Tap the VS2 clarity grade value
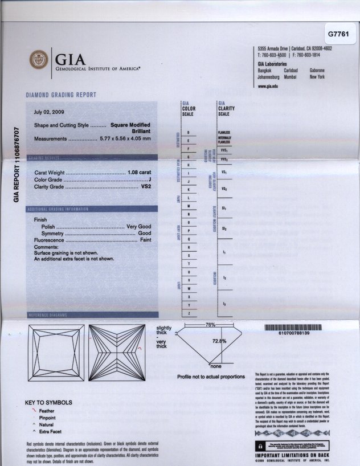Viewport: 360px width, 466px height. coord(146,186)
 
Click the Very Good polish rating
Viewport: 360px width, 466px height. coord(138,227)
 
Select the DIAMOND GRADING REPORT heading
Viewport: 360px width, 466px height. coord(61,95)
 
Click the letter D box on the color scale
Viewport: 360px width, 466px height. coord(189,132)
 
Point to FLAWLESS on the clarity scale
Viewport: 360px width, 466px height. coord(223,132)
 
